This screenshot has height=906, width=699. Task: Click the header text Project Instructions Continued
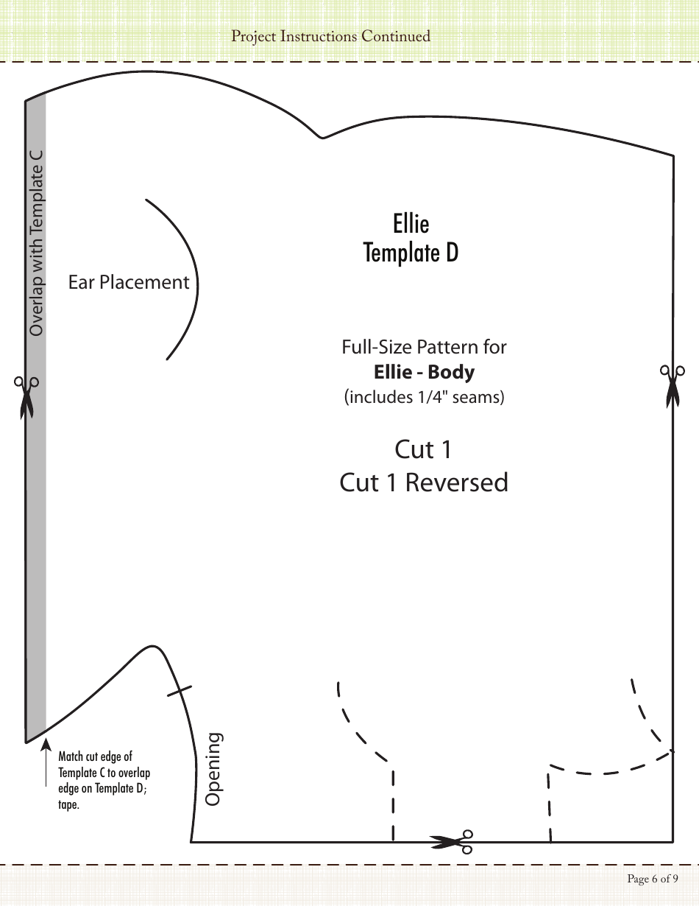click(x=330, y=36)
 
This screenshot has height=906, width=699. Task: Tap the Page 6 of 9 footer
click(x=652, y=878)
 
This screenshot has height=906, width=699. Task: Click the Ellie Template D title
click(x=411, y=238)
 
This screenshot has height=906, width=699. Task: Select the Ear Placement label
click(x=129, y=282)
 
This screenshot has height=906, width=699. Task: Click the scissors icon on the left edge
click(x=26, y=396)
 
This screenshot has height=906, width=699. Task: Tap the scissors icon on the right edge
click(x=671, y=384)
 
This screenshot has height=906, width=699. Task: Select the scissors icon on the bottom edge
click(x=451, y=841)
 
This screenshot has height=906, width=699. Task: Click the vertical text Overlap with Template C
click(x=36, y=243)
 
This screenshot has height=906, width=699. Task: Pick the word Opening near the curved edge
click(x=213, y=768)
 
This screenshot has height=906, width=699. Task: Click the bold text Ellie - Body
click(x=424, y=372)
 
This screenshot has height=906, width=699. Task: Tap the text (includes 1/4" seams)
click(x=424, y=397)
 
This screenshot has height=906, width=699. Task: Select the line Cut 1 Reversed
click(x=424, y=482)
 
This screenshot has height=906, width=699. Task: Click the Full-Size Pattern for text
click(x=424, y=346)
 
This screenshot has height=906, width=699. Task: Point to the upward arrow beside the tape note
click(x=46, y=766)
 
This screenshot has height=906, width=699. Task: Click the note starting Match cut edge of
click(x=96, y=756)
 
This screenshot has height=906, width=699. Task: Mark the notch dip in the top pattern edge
click(x=321, y=136)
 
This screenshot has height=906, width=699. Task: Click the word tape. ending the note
click(x=68, y=804)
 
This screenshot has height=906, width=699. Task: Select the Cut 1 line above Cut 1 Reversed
click(x=423, y=449)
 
